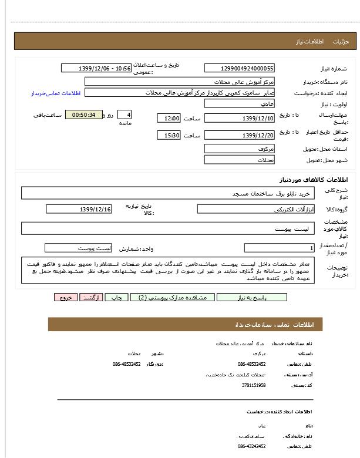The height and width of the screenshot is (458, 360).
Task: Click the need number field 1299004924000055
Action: pyautogui.click(x=239, y=68)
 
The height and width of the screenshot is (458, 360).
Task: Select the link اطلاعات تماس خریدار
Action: pyautogui.click(x=55, y=93)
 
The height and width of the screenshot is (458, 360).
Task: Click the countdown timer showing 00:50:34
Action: pyautogui.click(x=83, y=114)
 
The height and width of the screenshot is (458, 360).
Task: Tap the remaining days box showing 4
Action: pyautogui.click(x=125, y=114)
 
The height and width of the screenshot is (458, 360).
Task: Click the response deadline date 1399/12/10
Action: pyautogui.click(x=239, y=118)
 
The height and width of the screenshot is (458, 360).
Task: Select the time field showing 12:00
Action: pyautogui.click(x=169, y=118)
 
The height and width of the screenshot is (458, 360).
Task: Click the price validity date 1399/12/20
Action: pyautogui.click(x=239, y=136)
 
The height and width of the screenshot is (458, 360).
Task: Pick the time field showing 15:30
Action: pyautogui.click(x=169, y=136)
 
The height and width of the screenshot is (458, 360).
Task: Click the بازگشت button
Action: pyautogui.click(x=91, y=298)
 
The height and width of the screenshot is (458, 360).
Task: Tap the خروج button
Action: pyautogui.click(x=65, y=298)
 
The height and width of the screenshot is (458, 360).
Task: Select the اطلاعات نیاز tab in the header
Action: pyautogui.click(x=306, y=42)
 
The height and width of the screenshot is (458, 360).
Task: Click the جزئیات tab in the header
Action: pyautogui.click(x=341, y=42)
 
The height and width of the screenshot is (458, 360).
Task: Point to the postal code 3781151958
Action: pyautogui.click(x=254, y=385)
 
